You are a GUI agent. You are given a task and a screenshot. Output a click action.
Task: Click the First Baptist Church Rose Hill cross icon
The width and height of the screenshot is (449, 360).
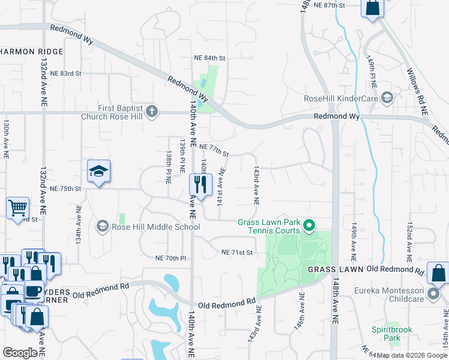click(152, 111)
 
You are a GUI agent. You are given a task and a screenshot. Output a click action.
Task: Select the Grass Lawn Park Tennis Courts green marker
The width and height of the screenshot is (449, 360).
click(310, 226)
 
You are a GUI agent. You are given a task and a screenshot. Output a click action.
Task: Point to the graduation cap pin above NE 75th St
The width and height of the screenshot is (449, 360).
click(98, 172)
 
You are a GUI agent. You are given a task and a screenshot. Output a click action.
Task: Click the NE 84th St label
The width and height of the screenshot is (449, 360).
click(209, 58)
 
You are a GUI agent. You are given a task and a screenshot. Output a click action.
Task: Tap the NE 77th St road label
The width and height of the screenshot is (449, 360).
click(214, 150)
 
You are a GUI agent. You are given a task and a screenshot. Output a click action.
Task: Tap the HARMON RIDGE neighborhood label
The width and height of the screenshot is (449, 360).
click(32, 52)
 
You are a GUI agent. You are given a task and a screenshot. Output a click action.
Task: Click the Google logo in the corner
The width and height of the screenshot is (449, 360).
click(20, 353)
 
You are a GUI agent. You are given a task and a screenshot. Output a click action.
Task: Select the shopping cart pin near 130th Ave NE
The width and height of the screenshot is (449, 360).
click(18, 208)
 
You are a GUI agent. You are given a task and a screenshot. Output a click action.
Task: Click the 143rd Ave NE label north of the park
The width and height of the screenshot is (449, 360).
click(257, 185)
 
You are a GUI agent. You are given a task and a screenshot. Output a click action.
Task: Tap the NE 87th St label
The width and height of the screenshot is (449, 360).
click(333, 5)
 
